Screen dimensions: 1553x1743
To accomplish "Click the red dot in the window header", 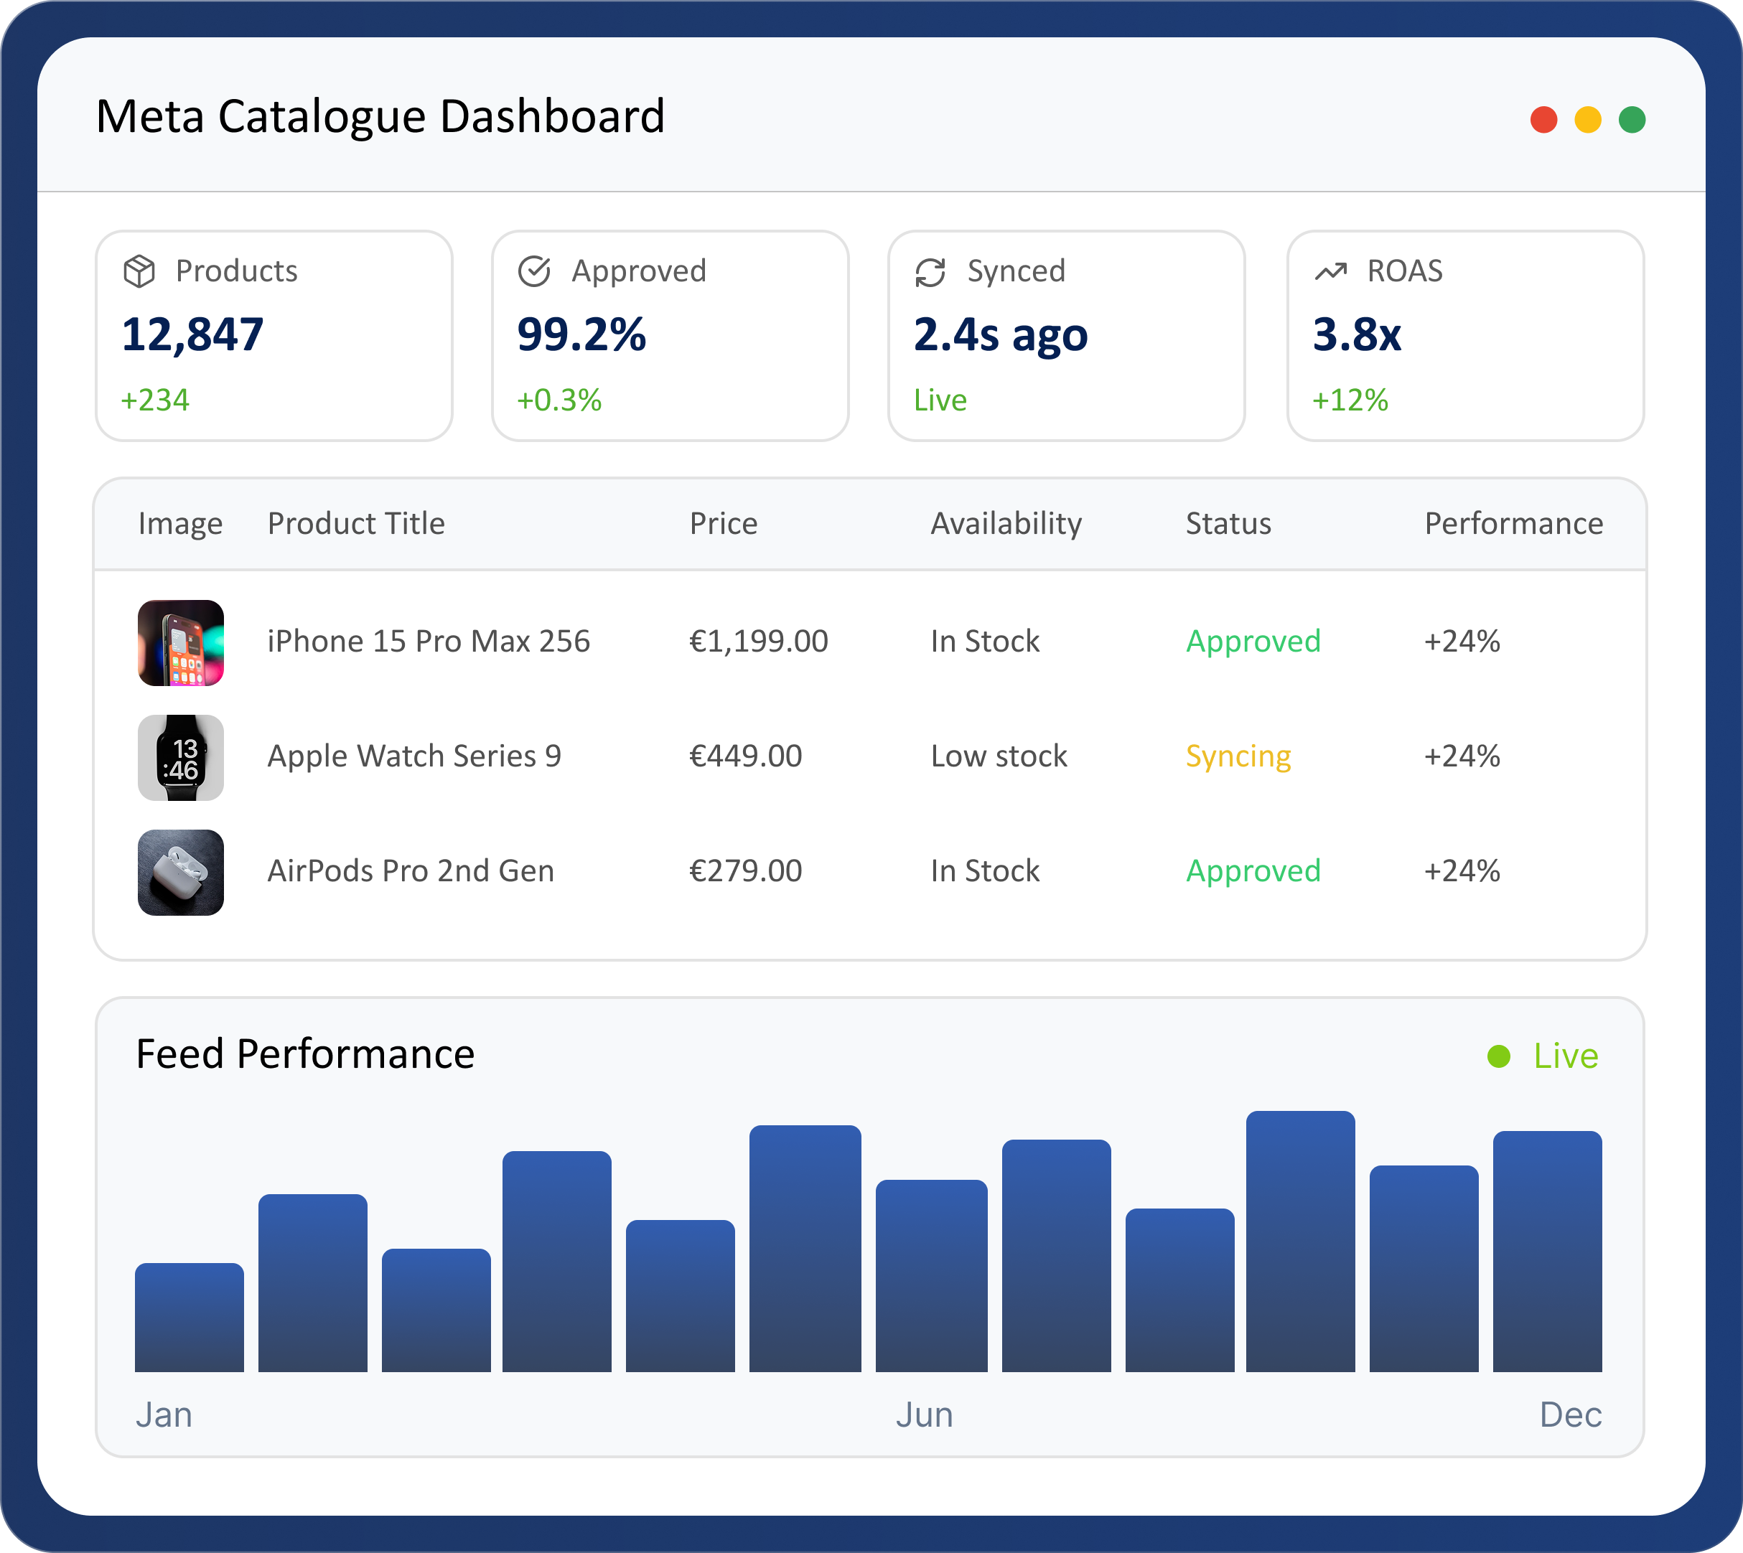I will (x=1543, y=119).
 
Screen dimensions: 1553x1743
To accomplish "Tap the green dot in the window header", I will (x=1632, y=119).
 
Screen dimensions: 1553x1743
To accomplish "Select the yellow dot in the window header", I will (x=1588, y=119).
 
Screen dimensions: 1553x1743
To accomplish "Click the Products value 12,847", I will (x=193, y=334).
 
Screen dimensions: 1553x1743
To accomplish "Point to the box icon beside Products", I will (x=139, y=271).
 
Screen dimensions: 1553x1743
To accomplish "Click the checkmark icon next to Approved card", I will (x=534, y=271).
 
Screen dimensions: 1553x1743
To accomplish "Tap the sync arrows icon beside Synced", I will (x=930, y=272).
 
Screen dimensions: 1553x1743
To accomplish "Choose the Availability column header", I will (x=1006, y=523).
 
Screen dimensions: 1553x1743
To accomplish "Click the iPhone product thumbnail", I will (x=181, y=642).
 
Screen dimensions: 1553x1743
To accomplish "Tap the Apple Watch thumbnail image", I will (x=181, y=758).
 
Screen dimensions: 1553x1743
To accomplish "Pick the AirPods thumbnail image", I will (x=181, y=872).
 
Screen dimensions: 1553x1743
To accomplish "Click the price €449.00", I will (x=745, y=756).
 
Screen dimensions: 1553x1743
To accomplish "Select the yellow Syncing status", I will (x=1238, y=756).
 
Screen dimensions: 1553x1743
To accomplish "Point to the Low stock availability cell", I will (x=999, y=756).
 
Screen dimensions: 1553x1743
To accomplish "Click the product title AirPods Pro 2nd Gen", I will (x=411, y=871).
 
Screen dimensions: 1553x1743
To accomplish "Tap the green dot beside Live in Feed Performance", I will (x=1499, y=1056).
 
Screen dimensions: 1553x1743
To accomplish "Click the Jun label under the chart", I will (x=924, y=1414).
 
